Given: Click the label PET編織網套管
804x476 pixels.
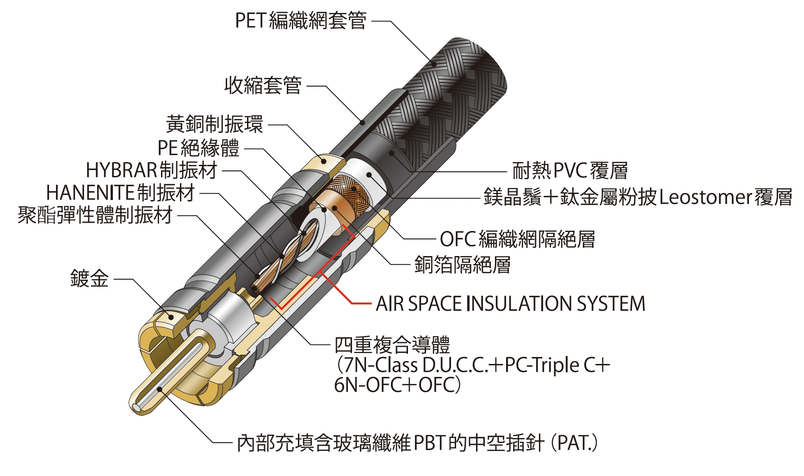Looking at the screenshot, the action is tap(301, 21).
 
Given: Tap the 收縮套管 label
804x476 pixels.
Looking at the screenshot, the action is tap(263, 86).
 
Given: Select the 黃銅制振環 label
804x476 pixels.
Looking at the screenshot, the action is tap(215, 124).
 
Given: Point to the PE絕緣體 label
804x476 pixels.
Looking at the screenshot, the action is tap(198, 148).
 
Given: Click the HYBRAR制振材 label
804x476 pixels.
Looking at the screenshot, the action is tap(152, 170).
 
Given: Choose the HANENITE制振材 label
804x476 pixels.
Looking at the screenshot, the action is tap(120, 193).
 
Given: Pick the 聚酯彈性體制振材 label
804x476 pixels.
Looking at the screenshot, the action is tap(95, 215).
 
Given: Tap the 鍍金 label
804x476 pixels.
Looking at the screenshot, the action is tap(89, 279).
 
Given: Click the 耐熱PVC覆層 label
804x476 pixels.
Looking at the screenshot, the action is tap(570, 171).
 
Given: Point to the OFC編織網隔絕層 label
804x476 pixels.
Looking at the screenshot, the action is tap(517, 239).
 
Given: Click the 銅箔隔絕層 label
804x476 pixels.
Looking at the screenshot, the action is tap(462, 265).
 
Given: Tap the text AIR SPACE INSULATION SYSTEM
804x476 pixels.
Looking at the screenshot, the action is tap(510, 304).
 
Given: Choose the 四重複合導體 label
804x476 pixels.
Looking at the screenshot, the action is tap(392, 345).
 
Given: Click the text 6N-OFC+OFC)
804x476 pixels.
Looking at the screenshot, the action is tap(397, 385).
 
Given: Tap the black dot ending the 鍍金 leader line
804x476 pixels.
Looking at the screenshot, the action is tap(171, 317).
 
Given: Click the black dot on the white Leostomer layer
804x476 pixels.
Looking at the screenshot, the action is tap(369, 175).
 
